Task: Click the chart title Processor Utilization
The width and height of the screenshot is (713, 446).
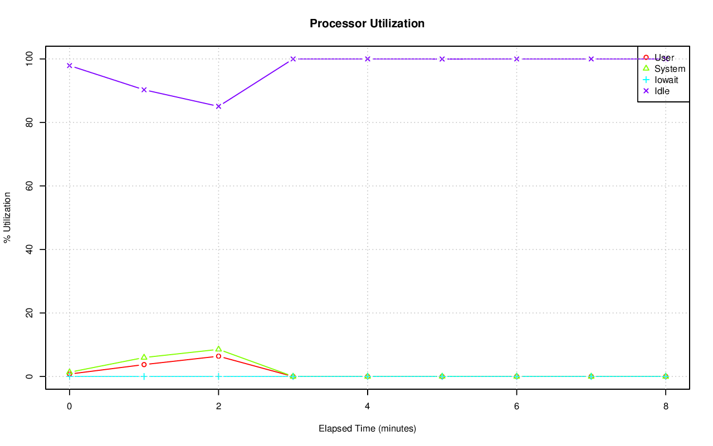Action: (x=367, y=23)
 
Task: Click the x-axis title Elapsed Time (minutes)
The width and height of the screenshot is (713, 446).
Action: (x=367, y=429)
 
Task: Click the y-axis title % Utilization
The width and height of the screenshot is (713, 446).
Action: (x=7, y=217)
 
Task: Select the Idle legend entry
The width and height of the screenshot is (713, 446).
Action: (x=662, y=91)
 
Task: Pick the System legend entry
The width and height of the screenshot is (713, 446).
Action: (x=670, y=68)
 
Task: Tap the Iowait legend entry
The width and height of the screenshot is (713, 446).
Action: (x=666, y=80)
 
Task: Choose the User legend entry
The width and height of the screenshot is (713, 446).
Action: (x=664, y=57)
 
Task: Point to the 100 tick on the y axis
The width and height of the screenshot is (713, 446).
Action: (x=28, y=58)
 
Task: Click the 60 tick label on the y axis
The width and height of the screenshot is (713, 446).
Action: (x=28, y=185)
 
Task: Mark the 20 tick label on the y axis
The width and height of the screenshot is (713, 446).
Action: (x=28, y=313)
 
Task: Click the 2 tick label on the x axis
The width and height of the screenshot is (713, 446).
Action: (x=218, y=406)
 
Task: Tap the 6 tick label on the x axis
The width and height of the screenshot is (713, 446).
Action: (x=516, y=406)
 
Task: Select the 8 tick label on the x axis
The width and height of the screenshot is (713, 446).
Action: (x=666, y=406)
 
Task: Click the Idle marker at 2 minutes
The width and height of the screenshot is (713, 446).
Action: (x=218, y=106)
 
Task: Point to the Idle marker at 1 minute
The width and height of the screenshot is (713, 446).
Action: (x=144, y=90)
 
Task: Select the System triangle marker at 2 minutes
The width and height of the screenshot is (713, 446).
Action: (x=218, y=349)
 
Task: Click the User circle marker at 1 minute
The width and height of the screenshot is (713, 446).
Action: (x=144, y=364)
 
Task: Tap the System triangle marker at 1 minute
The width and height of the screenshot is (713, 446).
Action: (x=144, y=357)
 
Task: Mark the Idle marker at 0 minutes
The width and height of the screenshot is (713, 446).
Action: (x=70, y=66)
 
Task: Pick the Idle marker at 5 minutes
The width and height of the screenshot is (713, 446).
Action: (x=442, y=59)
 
